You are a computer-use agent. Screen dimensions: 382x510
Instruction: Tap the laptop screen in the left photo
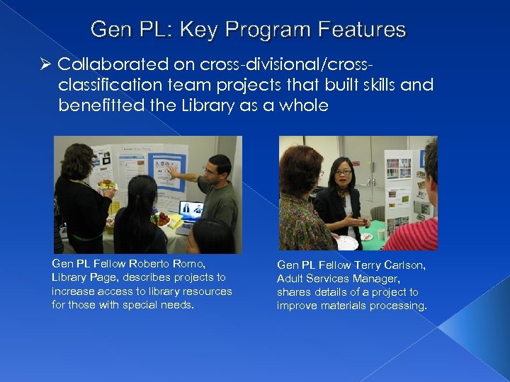[x=191, y=209]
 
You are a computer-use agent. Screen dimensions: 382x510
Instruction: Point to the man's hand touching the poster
[x=172, y=170]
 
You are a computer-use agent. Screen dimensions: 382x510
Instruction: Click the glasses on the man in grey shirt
[x=210, y=170]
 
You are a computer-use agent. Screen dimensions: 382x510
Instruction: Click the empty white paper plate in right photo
[x=346, y=243]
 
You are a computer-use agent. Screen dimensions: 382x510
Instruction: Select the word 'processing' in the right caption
[x=397, y=306]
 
